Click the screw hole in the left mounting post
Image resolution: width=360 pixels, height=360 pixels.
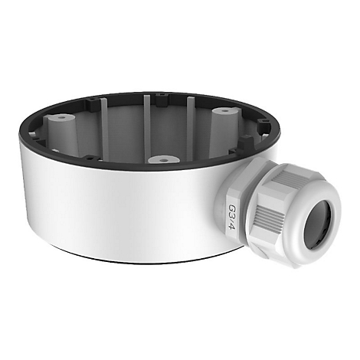tap(61, 118)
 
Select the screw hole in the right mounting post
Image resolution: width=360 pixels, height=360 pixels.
tap(224, 111)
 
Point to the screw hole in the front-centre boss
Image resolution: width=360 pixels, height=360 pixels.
tap(164, 161)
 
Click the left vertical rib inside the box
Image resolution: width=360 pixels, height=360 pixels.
tap(105, 129)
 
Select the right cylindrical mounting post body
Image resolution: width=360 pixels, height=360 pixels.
tap(224, 130)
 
